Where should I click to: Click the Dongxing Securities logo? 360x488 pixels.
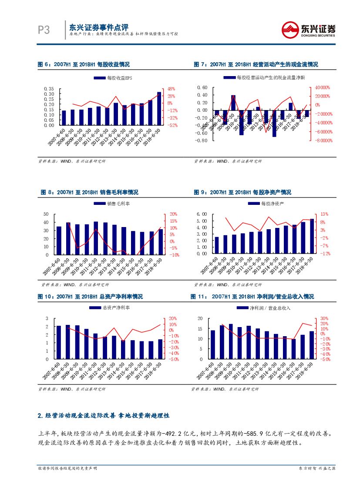309,30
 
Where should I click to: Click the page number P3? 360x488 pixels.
44,30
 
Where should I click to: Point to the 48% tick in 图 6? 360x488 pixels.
171,88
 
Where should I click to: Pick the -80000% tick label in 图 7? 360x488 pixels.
321,140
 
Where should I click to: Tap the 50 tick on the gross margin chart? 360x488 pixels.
46,214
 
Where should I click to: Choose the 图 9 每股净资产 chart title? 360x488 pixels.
242,192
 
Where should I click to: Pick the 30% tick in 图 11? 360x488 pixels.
324,318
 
